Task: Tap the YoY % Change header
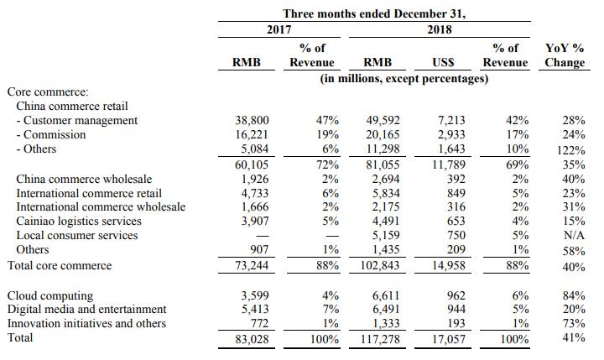pos(565,55)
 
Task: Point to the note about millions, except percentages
pos(405,78)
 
